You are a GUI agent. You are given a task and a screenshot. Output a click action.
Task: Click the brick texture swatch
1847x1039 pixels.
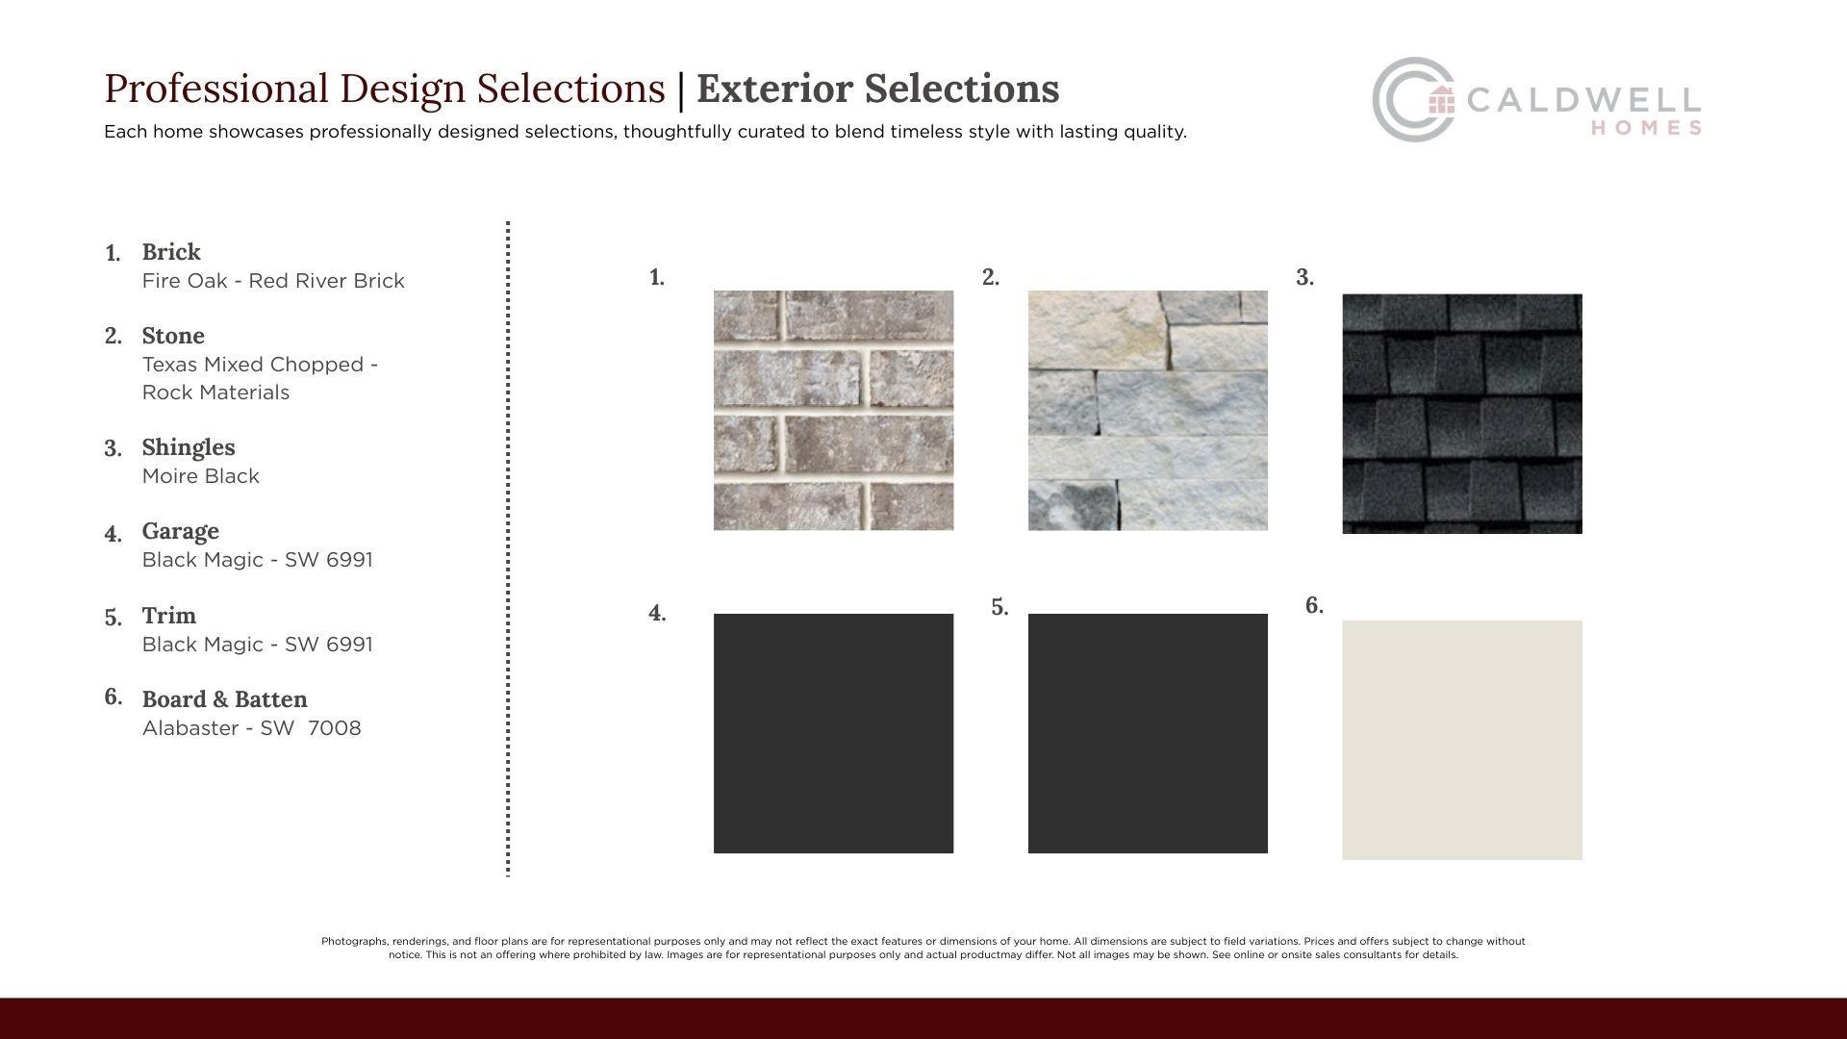(x=833, y=410)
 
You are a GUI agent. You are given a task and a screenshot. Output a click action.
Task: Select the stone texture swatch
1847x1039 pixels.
(x=1148, y=410)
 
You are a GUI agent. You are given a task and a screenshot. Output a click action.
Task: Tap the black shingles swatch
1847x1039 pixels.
(x=1462, y=414)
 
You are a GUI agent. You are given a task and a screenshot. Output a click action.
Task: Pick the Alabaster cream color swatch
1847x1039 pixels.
(x=1462, y=740)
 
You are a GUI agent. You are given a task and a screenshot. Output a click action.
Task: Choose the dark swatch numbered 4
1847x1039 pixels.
(x=833, y=733)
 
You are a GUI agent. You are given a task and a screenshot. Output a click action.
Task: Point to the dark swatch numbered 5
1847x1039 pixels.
(x=1148, y=733)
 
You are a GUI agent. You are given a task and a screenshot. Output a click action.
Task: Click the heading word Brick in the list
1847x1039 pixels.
(x=171, y=252)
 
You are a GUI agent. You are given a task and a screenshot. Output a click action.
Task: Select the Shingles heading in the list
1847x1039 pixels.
(x=189, y=447)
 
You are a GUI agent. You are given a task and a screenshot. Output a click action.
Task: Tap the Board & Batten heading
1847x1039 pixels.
(x=225, y=699)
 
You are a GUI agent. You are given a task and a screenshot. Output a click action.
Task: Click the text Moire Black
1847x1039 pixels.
(x=201, y=476)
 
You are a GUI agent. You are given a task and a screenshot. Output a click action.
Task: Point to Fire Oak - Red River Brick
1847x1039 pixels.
(x=273, y=281)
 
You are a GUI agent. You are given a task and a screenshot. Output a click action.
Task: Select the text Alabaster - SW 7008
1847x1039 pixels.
(x=252, y=728)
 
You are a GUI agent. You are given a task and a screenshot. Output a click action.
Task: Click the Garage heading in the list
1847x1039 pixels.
(x=181, y=531)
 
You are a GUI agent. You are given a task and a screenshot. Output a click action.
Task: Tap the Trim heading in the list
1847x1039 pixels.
(x=169, y=616)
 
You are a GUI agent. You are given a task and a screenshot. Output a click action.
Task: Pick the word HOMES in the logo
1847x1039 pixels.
(x=1646, y=128)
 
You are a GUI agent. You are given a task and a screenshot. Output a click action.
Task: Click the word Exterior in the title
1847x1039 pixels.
(x=788, y=89)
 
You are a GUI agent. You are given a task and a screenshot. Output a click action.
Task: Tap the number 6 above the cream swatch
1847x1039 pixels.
(x=1314, y=605)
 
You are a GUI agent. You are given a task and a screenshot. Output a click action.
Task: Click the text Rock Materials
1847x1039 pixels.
(x=215, y=393)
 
